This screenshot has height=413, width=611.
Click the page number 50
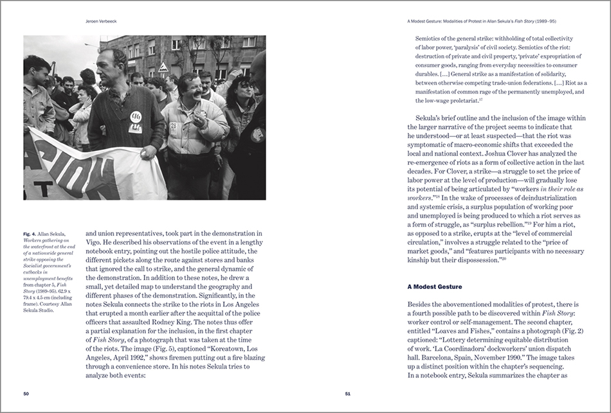pyautogui.click(x=26, y=394)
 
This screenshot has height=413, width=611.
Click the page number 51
pyautogui.click(x=347, y=394)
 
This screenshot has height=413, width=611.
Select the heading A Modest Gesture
pyautogui.click(x=434, y=285)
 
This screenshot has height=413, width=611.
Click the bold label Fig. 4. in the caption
pyautogui.click(x=32, y=233)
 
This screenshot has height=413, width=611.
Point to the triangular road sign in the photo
pyautogui.click(x=163, y=67)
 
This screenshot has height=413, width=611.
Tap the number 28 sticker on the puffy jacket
pyautogui.click(x=174, y=126)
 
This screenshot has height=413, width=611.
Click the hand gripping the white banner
pyautogui.click(x=150, y=153)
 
